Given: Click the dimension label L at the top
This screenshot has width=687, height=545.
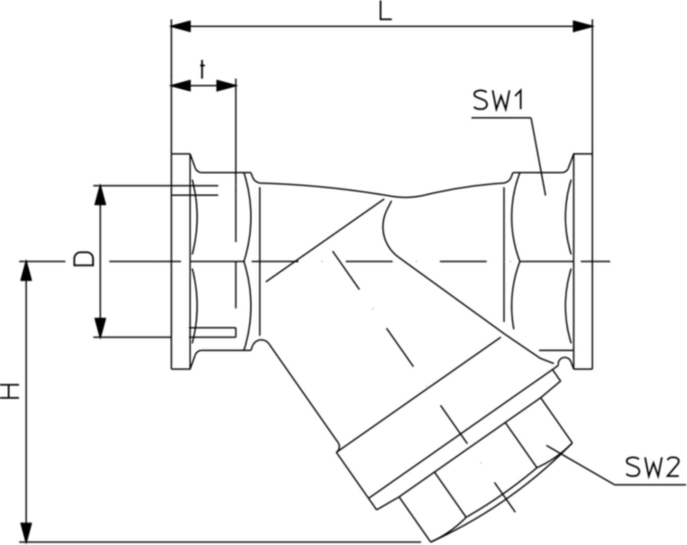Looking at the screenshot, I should point(386,12).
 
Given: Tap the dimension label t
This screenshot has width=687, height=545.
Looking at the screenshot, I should point(202,70).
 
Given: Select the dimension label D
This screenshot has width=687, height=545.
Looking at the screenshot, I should point(83,259).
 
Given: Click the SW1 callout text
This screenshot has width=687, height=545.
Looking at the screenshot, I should point(499,102).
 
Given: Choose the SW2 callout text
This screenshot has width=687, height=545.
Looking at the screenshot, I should point(652,468).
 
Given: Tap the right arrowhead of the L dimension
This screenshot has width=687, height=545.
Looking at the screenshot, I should point(583,26).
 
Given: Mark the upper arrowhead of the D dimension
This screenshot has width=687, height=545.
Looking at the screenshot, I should point(100,195).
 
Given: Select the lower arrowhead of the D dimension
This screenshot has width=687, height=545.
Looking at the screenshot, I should point(100,328).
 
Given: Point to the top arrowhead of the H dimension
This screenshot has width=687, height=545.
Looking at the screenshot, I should point(27,271).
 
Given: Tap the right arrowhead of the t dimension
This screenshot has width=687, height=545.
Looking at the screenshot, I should point(226,86).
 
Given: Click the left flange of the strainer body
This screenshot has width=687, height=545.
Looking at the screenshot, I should point(180,261).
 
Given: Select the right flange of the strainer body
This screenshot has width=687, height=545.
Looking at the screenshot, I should point(583,261).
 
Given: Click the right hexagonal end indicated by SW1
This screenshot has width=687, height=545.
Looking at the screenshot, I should point(542,261).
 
